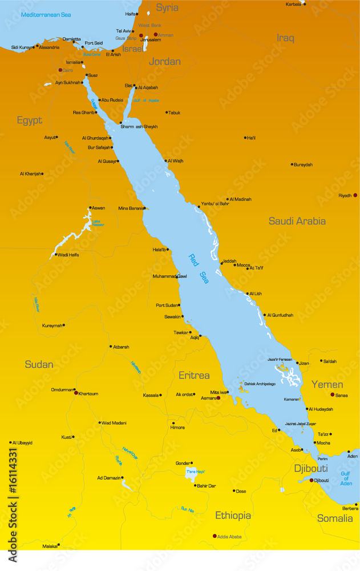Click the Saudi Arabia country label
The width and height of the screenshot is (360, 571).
[x=297, y=221]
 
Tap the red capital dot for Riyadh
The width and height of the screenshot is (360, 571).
[x=355, y=195]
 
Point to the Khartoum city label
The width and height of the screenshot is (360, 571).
[x=88, y=393]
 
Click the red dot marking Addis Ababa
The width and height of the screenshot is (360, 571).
[x=215, y=536]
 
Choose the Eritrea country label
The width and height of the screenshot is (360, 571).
[x=194, y=375]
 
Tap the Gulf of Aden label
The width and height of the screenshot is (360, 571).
[x=346, y=479]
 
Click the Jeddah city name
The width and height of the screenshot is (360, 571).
[x=229, y=261]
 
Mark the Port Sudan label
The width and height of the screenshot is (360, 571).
[x=168, y=305]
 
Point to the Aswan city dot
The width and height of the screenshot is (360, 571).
[x=90, y=208]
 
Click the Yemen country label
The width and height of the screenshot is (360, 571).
[x=327, y=384]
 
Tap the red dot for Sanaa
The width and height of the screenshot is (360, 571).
[x=333, y=395]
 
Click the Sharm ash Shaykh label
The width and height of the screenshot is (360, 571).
[x=139, y=127]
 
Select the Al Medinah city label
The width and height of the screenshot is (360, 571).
[x=240, y=199]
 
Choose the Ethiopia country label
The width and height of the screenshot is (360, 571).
[x=233, y=516]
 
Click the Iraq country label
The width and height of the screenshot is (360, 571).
[x=285, y=38]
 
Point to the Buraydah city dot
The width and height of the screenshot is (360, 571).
[x=292, y=164]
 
